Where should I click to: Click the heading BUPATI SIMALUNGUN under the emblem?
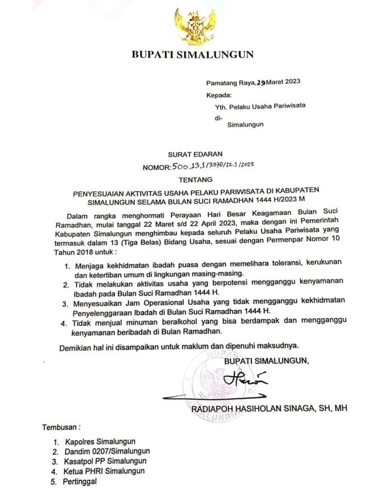pos(192,55)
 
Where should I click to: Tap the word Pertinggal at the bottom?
pos(80,481)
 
